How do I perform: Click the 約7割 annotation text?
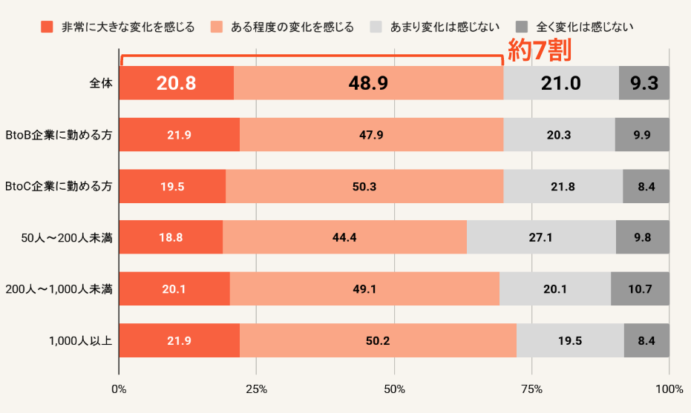(x=540, y=50)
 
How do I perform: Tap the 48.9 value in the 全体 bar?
(x=368, y=83)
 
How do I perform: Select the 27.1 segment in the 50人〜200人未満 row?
(x=541, y=237)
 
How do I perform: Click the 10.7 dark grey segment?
(x=640, y=289)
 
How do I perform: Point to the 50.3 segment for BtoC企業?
(x=364, y=186)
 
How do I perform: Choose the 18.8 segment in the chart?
(x=171, y=237)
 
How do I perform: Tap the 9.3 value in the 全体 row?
(x=644, y=83)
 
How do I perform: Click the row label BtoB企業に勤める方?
(x=59, y=135)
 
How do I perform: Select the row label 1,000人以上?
(x=80, y=341)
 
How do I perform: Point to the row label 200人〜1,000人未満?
(x=59, y=289)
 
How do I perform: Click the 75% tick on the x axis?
(x=531, y=389)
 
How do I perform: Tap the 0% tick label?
(x=119, y=389)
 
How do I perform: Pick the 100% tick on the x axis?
(x=669, y=389)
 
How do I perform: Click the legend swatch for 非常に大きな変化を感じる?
(x=47, y=27)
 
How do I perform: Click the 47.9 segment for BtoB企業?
(x=371, y=135)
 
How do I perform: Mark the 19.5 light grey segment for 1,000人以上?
(x=570, y=341)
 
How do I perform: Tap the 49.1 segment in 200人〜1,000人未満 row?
(x=364, y=289)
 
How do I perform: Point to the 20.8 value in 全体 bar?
(x=176, y=83)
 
